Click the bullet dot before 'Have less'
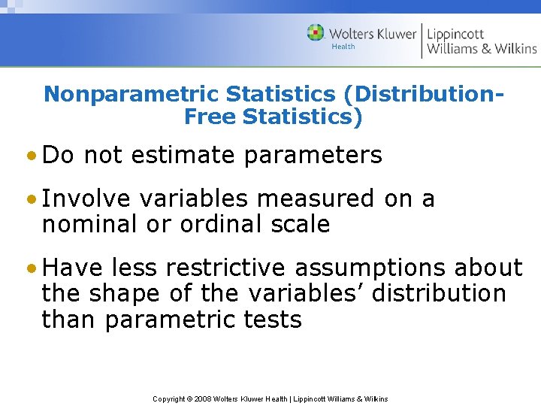pyautogui.click(x=31, y=268)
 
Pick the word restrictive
pyautogui.click(x=225, y=268)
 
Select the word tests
pyautogui.click(x=273, y=320)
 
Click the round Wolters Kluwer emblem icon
pyautogui.click(x=316, y=33)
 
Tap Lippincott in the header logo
pyautogui.click(x=455, y=34)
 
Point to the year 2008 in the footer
pyautogui.click(x=203, y=399)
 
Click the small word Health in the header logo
pyautogui.click(x=343, y=47)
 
